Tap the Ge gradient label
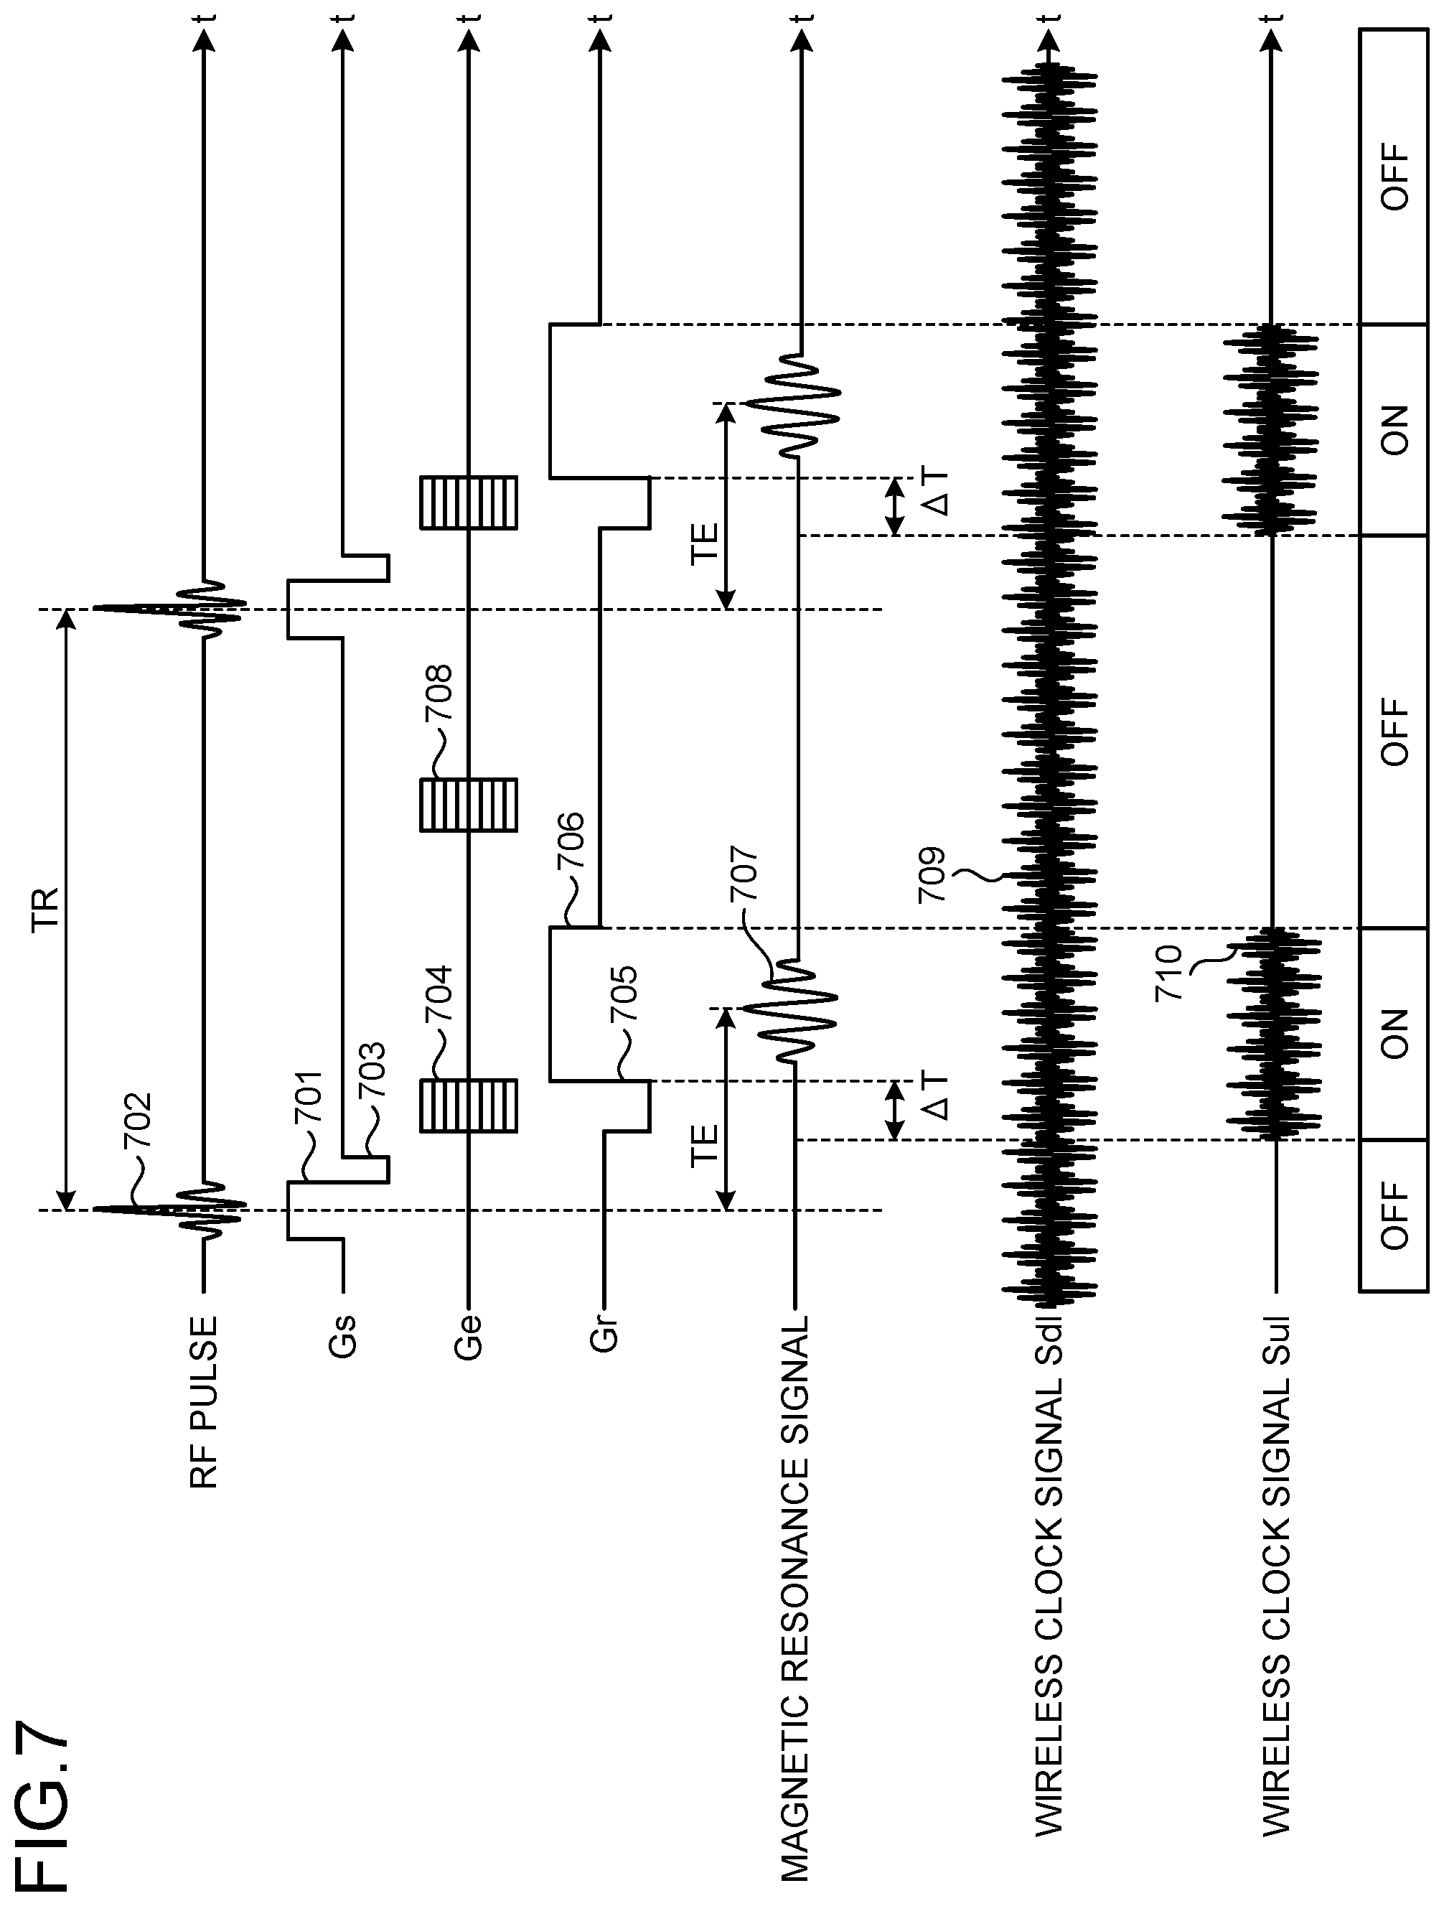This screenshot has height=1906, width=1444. pyautogui.click(x=469, y=1337)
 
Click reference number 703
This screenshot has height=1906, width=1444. pyautogui.click(x=371, y=1071)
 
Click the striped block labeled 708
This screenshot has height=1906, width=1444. pyautogui.click(x=469, y=805)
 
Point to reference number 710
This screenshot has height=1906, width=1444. pyautogui.click(x=1170, y=973)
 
